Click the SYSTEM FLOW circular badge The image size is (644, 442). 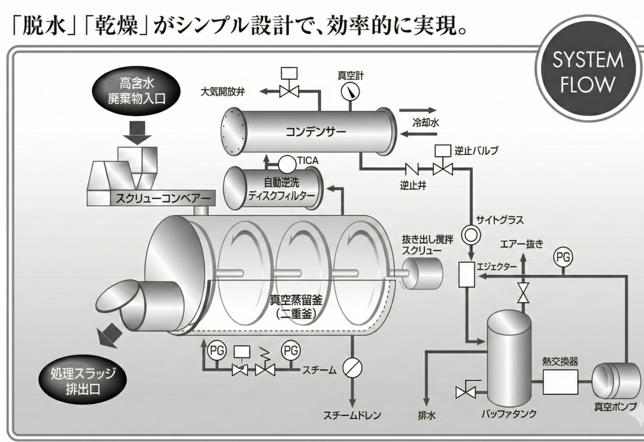[587, 71]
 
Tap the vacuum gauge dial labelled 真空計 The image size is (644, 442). [350, 92]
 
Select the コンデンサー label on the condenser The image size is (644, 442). [316, 132]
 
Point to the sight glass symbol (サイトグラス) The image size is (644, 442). [471, 234]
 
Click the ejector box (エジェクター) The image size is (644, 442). [466, 274]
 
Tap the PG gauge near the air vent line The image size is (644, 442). [563, 258]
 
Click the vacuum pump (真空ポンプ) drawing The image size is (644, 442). [616, 381]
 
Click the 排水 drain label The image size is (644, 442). [427, 415]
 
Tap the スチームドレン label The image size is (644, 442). [352, 415]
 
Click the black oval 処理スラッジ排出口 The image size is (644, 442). [82, 381]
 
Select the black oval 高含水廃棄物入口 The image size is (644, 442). [136, 91]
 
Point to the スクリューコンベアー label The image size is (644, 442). [163, 198]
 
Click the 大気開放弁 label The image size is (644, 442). [222, 92]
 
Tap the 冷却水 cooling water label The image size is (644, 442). [425, 122]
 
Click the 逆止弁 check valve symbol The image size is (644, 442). [412, 169]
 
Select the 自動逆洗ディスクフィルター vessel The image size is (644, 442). [274, 188]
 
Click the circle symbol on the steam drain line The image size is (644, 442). [352, 368]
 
